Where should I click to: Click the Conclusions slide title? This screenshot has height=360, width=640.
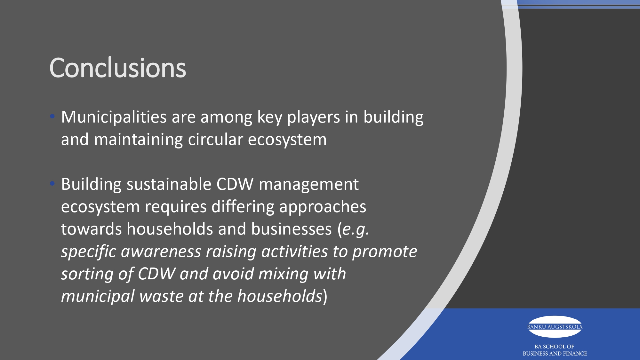[118, 68]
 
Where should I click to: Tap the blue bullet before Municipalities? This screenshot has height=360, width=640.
[52, 116]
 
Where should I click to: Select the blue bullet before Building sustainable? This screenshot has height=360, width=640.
[52, 184]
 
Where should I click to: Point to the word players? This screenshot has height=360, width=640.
[314, 118]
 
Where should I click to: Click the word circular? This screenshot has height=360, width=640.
[216, 140]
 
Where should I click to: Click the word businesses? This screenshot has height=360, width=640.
[292, 229]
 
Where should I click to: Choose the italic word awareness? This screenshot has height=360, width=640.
[161, 252]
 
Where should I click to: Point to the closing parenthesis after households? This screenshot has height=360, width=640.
[325, 296]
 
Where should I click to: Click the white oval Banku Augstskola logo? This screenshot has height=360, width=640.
[555, 327]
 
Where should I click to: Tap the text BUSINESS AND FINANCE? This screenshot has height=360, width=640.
[555, 354]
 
